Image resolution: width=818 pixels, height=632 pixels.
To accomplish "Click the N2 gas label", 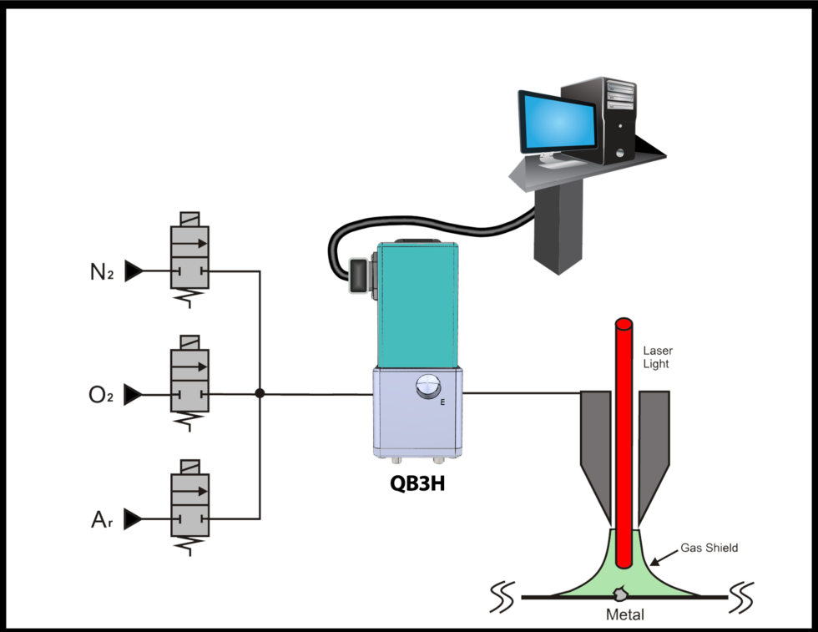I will (102, 272).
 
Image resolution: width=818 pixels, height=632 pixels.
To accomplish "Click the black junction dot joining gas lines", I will (260, 393).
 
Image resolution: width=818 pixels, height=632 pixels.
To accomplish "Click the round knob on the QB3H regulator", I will (427, 386).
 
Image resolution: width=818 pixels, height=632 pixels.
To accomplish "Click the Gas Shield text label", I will (709, 548).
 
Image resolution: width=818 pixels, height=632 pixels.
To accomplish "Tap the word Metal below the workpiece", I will (624, 615).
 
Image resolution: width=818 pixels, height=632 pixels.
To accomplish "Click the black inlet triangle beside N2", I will (133, 271).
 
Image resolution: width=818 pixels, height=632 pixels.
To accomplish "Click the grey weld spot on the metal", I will (620, 594).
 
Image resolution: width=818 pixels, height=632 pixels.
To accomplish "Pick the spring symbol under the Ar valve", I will (189, 545).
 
